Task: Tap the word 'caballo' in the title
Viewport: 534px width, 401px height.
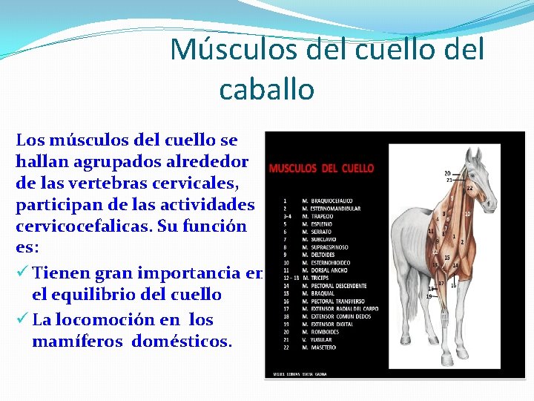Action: pos(267,89)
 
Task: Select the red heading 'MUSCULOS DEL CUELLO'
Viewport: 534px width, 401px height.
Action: pos(321,169)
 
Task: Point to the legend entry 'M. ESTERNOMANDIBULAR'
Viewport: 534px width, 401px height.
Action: pos(331,209)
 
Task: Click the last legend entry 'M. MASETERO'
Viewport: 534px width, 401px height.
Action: pos(320,347)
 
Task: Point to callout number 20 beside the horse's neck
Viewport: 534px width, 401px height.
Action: pos(447,174)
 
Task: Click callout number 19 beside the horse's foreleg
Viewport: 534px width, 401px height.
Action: pos(429,296)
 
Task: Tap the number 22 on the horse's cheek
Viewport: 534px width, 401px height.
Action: pos(469,189)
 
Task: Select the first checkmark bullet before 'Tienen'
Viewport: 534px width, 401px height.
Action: pos(22,273)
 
